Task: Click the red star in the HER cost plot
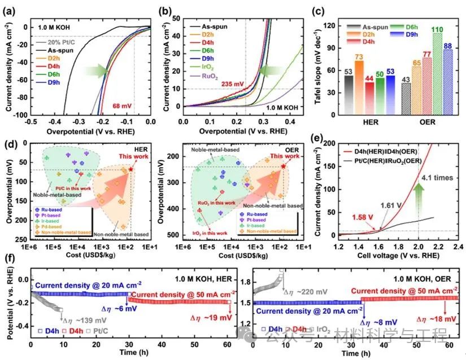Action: point(131,169)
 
